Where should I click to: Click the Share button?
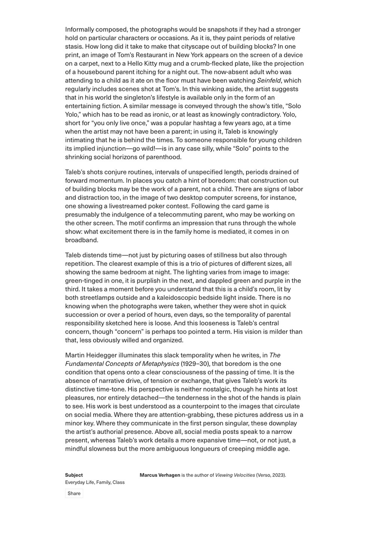coord(74,493)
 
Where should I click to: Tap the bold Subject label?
coord(74,475)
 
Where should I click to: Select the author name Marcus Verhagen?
coord(159,475)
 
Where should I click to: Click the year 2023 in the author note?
coord(278,475)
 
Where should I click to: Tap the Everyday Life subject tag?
coord(79,482)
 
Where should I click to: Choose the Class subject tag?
coord(118,482)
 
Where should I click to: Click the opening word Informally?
coord(79,30)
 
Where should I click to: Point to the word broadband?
coord(82,240)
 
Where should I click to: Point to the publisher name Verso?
coord(263,475)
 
